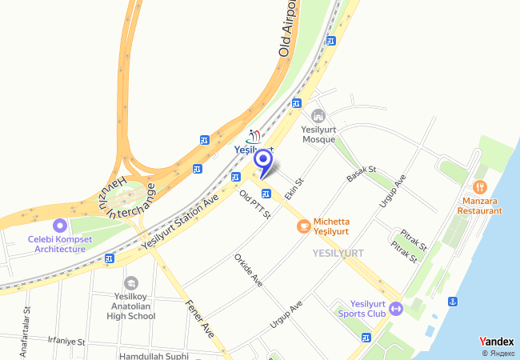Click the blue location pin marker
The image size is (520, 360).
pyautogui.click(x=262, y=160)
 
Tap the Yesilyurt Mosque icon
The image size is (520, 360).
pyautogui.click(x=318, y=117)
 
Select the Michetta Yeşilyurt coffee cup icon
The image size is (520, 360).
pyautogui.click(x=303, y=226)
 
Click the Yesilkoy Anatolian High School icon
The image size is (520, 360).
pyautogui.click(x=131, y=282)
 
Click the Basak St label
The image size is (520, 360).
pyautogui.click(x=362, y=175)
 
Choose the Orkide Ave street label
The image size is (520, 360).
pyautogui.click(x=248, y=270)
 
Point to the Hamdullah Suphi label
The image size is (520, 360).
pyautogui.click(x=153, y=355)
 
